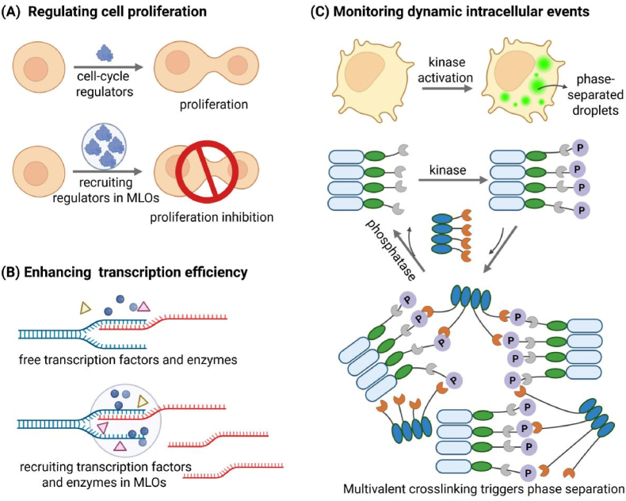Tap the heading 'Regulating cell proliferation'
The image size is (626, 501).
pos(117,12)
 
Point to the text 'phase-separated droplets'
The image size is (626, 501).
pos(595,94)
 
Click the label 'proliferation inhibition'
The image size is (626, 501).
pos(212,217)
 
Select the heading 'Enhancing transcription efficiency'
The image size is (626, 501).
pos(136,272)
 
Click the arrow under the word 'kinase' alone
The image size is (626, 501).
pos(453,180)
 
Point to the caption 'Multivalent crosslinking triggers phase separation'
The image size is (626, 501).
pos(484,489)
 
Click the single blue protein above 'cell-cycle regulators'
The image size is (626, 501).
pos(105,53)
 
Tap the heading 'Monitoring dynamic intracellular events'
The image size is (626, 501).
pos(461,12)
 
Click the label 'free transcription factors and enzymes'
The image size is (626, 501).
pos(128,360)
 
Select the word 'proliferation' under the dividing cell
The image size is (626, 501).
pos(214,105)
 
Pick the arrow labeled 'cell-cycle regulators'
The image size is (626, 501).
pos(109,67)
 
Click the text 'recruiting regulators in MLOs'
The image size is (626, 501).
pos(105,189)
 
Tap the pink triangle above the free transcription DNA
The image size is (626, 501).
pos(143,307)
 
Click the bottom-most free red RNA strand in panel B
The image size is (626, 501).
pos(233,470)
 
